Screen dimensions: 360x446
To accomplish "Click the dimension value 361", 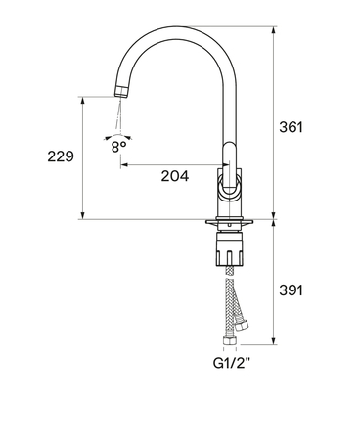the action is click(x=291, y=127).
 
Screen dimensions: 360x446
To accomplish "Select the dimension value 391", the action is click(x=291, y=290).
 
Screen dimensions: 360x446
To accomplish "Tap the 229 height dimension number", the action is click(x=61, y=156).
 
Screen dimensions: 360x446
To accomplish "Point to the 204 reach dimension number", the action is click(x=175, y=176).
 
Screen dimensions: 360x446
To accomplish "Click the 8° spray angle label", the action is click(x=118, y=147).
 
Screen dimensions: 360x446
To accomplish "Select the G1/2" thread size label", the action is click(x=232, y=363).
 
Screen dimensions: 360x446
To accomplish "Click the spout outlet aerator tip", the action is click(x=121, y=91).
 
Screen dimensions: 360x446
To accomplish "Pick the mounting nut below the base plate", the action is click(x=230, y=247).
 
